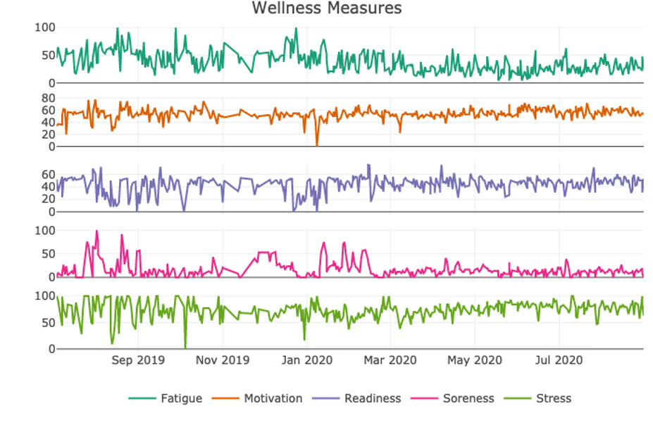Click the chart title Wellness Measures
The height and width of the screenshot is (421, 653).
click(x=327, y=8)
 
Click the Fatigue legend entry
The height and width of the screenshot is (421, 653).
click(x=166, y=398)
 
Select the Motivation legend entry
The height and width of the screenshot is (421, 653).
click(x=257, y=398)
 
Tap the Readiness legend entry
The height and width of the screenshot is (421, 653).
click(x=357, y=398)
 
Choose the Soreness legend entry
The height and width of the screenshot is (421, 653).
click(x=452, y=398)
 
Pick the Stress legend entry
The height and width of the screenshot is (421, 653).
click(x=537, y=398)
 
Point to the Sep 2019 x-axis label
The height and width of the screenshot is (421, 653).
click(x=138, y=360)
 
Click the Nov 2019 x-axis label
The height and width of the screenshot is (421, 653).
click(x=223, y=360)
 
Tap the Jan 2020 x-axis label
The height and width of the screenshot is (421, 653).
click(x=307, y=360)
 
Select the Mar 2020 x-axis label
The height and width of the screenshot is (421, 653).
click(x=390, y=360)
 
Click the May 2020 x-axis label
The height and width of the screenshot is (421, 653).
click(x=475, y=360)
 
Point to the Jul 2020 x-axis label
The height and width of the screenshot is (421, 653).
click(x=559, y=360)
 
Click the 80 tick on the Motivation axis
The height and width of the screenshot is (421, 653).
click(x=49, y=98)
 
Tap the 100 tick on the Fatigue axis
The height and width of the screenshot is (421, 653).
click(x=45, y=28)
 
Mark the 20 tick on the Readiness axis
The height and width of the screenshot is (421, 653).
click(x=49, y=200)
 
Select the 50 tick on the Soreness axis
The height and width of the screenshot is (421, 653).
click(x=49, y=254)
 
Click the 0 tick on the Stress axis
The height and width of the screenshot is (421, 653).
click(x=51, y=348)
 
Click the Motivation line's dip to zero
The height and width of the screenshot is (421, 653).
click(x=317, y=145)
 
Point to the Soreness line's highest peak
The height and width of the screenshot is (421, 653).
click(x=97, y=231)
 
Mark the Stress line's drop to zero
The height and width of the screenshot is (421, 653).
click(x=185, y=347)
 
